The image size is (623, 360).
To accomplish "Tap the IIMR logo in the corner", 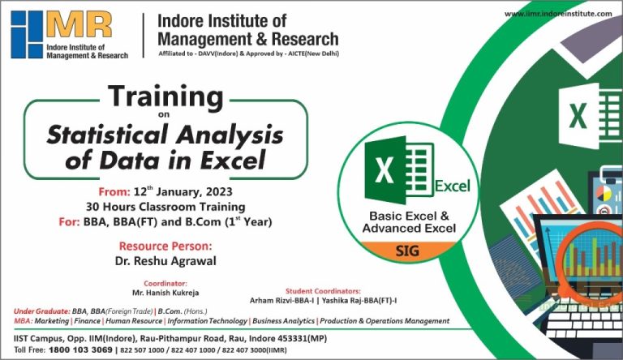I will tap(61, 35).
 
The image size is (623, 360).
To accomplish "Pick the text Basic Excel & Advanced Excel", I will tap(409, 223).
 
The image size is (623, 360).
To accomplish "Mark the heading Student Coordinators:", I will tap(323, 290).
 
